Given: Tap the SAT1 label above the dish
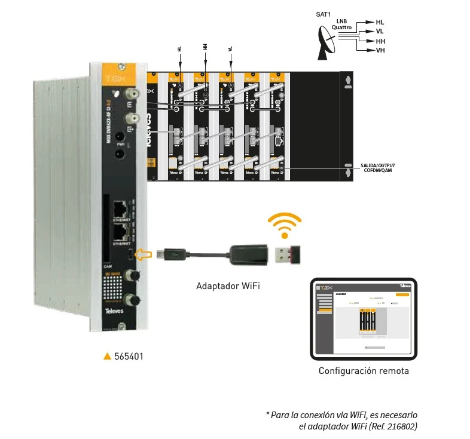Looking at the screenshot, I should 324,14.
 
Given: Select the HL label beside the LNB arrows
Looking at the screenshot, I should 380,22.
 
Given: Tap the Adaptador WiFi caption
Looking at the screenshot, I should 228,286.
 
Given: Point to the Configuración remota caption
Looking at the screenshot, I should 364,371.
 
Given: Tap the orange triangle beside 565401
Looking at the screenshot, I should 108,357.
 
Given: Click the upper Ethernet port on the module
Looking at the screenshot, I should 121,208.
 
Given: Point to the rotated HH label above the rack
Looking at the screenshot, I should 205,47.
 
